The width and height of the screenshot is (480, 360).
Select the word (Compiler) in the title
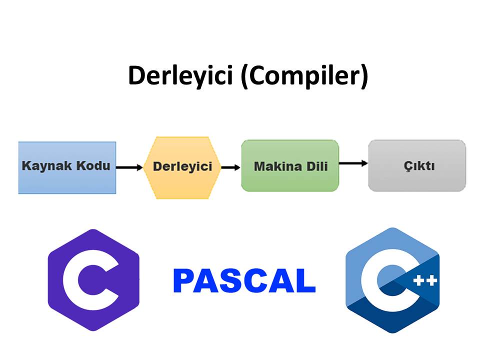pyautogui.click(x=304, y=75)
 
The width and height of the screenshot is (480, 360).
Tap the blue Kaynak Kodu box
pyautogui.click(x=67, y=167)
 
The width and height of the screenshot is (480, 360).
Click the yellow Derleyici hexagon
pyautogui.click(x=182, y=166)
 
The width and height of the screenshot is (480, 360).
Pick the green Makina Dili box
pyautogui.click(x=290, y=166)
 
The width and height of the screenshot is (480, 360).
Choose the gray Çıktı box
pyautogui.click(x=417, y=165)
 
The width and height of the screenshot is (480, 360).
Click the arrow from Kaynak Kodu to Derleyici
pyautogui.click(x=129, y=167)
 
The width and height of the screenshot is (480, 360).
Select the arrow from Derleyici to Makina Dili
pyautogui.click(x=230, y=167)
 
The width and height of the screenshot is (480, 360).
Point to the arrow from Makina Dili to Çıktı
pyautogui.click(x=353, y=163)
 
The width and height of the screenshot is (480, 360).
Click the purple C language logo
pyautogui.click(x=93, y=280)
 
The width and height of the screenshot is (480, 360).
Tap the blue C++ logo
pyautogui.click(x=392, y=280)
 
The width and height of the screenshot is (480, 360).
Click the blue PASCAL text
pyautogui.click(x=244, y=281)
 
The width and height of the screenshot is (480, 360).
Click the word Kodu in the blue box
pyautogui.click(x=93, y=165)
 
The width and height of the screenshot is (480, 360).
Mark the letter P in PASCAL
pyautogui.click(x=184, y=281)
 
